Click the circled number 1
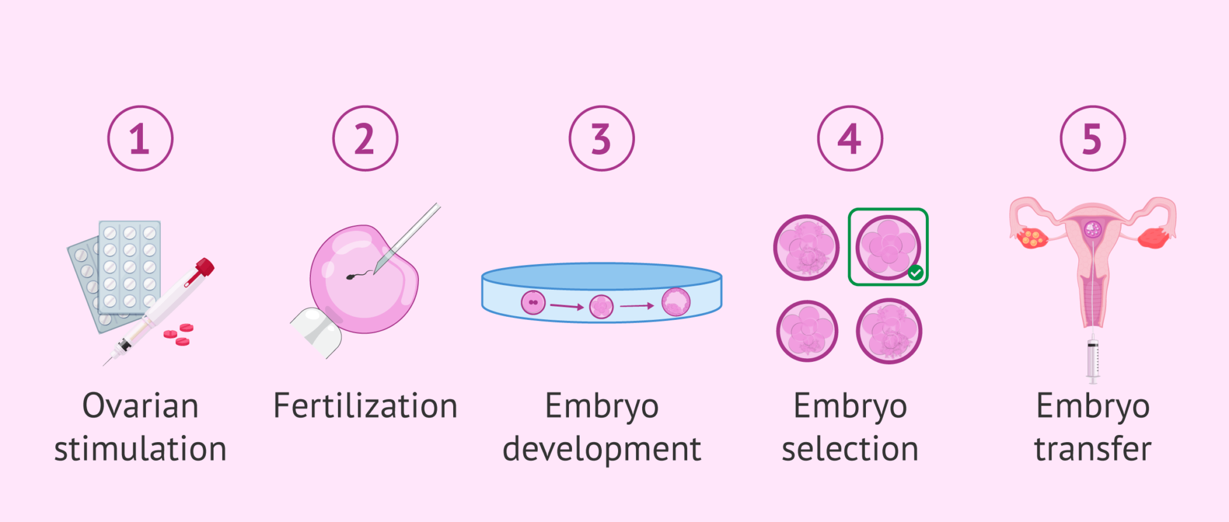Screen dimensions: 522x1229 pyautogui.click(x=140, y=139)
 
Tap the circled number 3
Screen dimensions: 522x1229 pyautogui.click(x=601, y=139)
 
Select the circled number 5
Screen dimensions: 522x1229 pyautogui.click(x=1092, y=139)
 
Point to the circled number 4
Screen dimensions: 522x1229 pyautogui.click(x=850, y=139)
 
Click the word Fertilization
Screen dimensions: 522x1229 pyautogui.click(x=365, y=406)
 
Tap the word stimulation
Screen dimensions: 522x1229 pyautogui.click(x=140, y=449)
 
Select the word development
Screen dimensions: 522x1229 pyautogui.click(x=601, y=449)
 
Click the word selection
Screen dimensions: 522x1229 pyautogui.click(x=850, y=449)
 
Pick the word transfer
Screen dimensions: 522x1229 pyautogui.click(x=1092, y=449)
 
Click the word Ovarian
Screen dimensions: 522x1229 pyautogui.click(x=140, y=406)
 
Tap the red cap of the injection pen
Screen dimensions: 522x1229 pyautogui.click(x=203, y=268)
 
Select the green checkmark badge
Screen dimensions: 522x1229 pyautogui.click(x=915, y=273)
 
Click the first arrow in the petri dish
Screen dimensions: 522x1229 pyautogui.click(x=566, y=306)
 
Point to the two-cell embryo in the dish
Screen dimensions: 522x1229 pyautogui.click(x=533, y=302)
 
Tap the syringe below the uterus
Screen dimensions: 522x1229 pyautogui.click(x=1093, y=359)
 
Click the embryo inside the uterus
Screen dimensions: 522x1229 pyautogui.click(x=1093, y=229)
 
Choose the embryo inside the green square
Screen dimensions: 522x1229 pyautogui.click(x=888, y=246)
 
